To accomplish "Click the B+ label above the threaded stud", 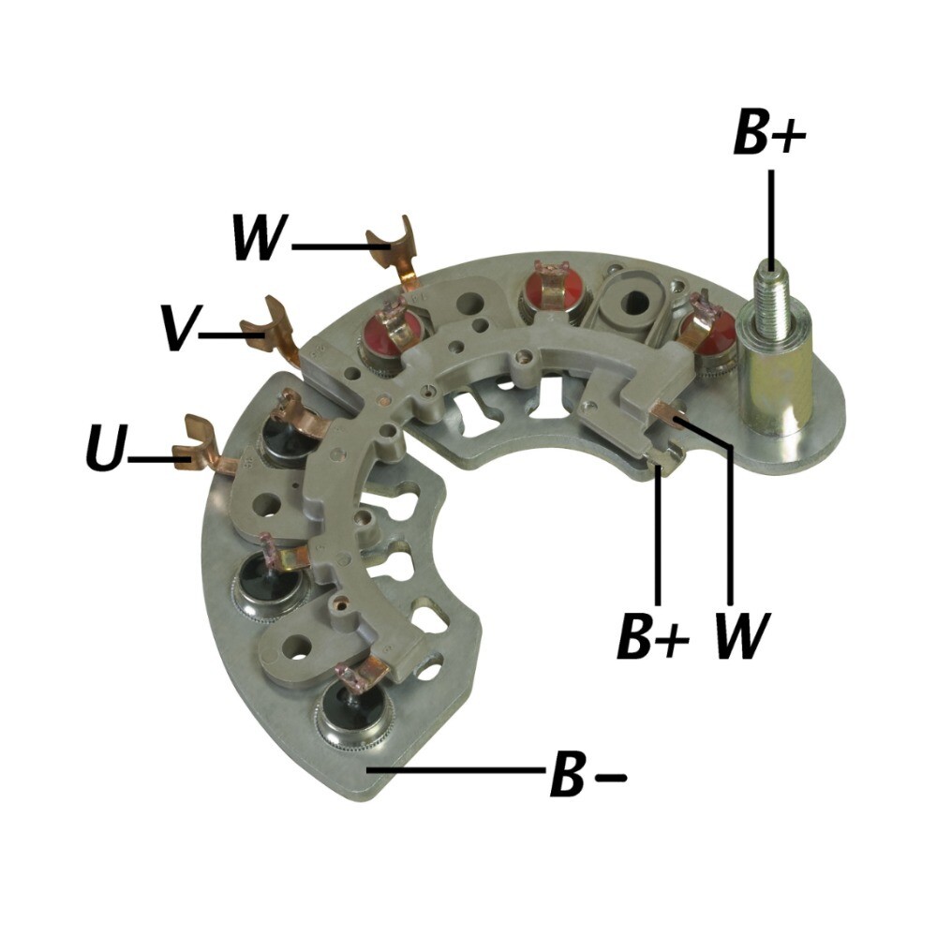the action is [x=769, y=132].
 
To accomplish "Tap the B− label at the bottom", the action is [x=588, y=775].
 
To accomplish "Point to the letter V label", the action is [x=178, y=327].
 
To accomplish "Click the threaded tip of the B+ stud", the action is [x=771, y=290].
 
